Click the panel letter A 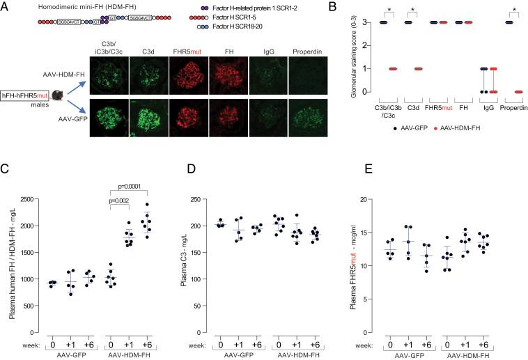coord(6,6)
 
